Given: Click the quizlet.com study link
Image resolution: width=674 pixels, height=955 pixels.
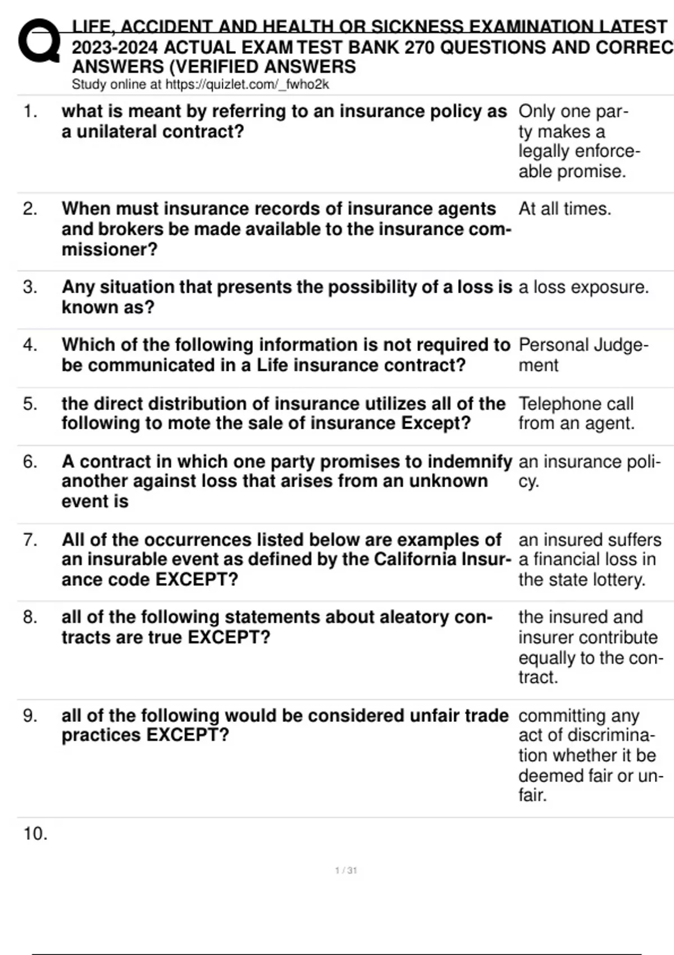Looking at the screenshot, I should [247, 85].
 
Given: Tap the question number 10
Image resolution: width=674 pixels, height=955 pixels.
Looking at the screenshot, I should [35, 834].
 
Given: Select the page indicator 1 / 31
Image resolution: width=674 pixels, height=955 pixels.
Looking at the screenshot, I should [346, 871].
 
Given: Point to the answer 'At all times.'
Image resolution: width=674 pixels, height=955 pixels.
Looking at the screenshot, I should [564, 209].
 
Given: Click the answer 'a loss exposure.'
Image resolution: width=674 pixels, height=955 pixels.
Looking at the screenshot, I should [583, 287].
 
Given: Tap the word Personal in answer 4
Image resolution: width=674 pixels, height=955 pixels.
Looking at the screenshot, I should [553, 344].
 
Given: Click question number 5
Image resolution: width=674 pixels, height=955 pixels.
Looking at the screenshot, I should [30, 403].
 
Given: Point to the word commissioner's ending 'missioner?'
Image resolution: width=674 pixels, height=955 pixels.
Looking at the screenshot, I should [110, 249].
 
